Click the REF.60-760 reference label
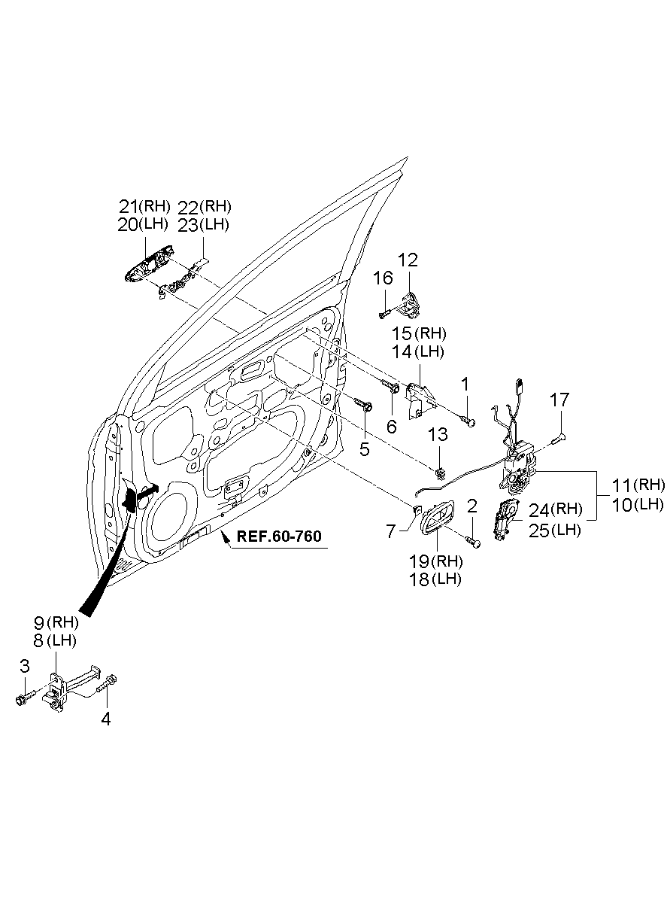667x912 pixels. tap(279, 537)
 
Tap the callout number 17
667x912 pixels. tap(559, 400)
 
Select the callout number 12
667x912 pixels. tap(408, 260)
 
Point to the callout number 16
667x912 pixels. tap(383, 278)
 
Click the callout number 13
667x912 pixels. tap(438, 435)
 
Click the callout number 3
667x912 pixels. tap(24, 665)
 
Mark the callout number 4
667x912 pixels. tap(105, 719)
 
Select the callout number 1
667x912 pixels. tap(465, 385)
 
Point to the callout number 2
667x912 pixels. tap(471, 506)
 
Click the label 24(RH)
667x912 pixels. tap(555, 509)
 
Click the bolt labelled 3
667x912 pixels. tap(21, 699)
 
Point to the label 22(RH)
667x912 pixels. tap(205, 205)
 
